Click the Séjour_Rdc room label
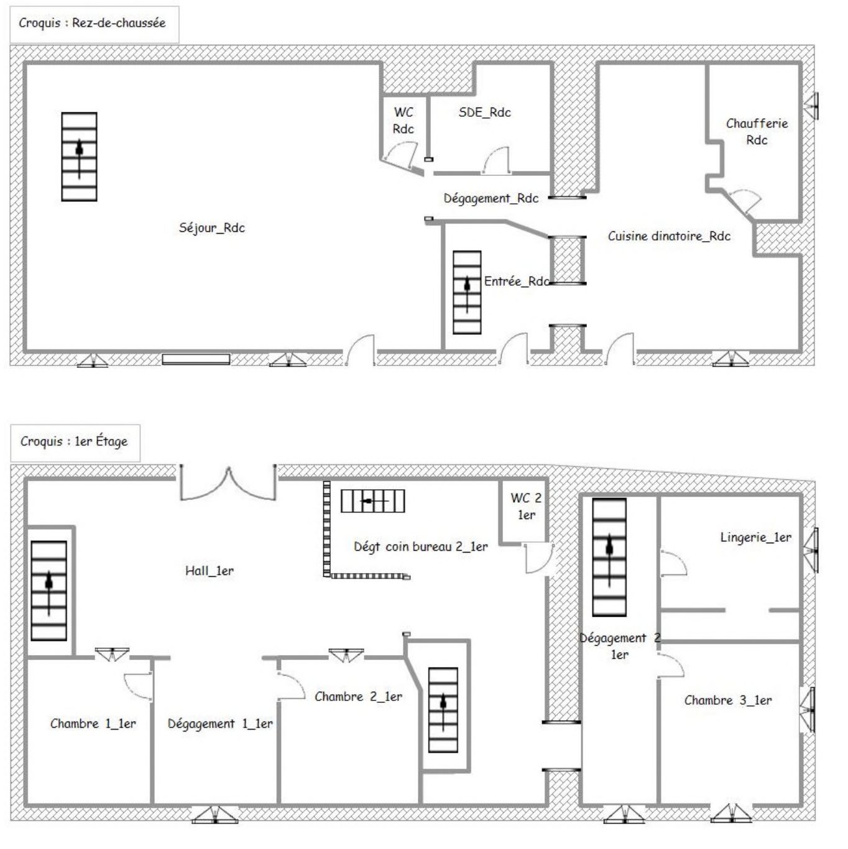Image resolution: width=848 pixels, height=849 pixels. pyautogui.click(x=211, y=227)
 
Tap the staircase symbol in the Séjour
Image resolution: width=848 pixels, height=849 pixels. pyautogui.click(x=80, y=157)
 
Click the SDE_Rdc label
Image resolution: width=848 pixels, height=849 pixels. pyautogui.click(x=485, y=112)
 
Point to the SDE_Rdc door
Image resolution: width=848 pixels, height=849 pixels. pyautogui.click(x=496, y=160)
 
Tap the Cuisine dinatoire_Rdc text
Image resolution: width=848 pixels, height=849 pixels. pyautogui.click(x=669, y=236)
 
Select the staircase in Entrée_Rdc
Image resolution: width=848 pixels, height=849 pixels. pyautogui.click(x=467, y=292)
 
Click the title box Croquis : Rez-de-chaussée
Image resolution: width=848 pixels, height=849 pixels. pyautogui.click(x=94, y=24)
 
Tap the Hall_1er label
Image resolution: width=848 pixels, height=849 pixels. pyautogui.click(x=210, y=571)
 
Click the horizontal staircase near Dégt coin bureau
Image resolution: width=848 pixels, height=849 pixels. pyautogui.click(x=373, y=501)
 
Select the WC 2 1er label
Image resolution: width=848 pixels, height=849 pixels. pyautogui.click(x=526, y=506)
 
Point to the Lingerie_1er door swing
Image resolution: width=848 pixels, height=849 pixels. pyautogui.click(x=673, y=563)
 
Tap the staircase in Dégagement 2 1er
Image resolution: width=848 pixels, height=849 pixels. pyautogui.click(x=609, y=558)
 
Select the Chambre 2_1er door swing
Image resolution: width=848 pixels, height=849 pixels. pyautogui.click(x=292, y=686)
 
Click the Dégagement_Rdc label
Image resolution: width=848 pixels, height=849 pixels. pyautogui.click(x=491, y=199)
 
